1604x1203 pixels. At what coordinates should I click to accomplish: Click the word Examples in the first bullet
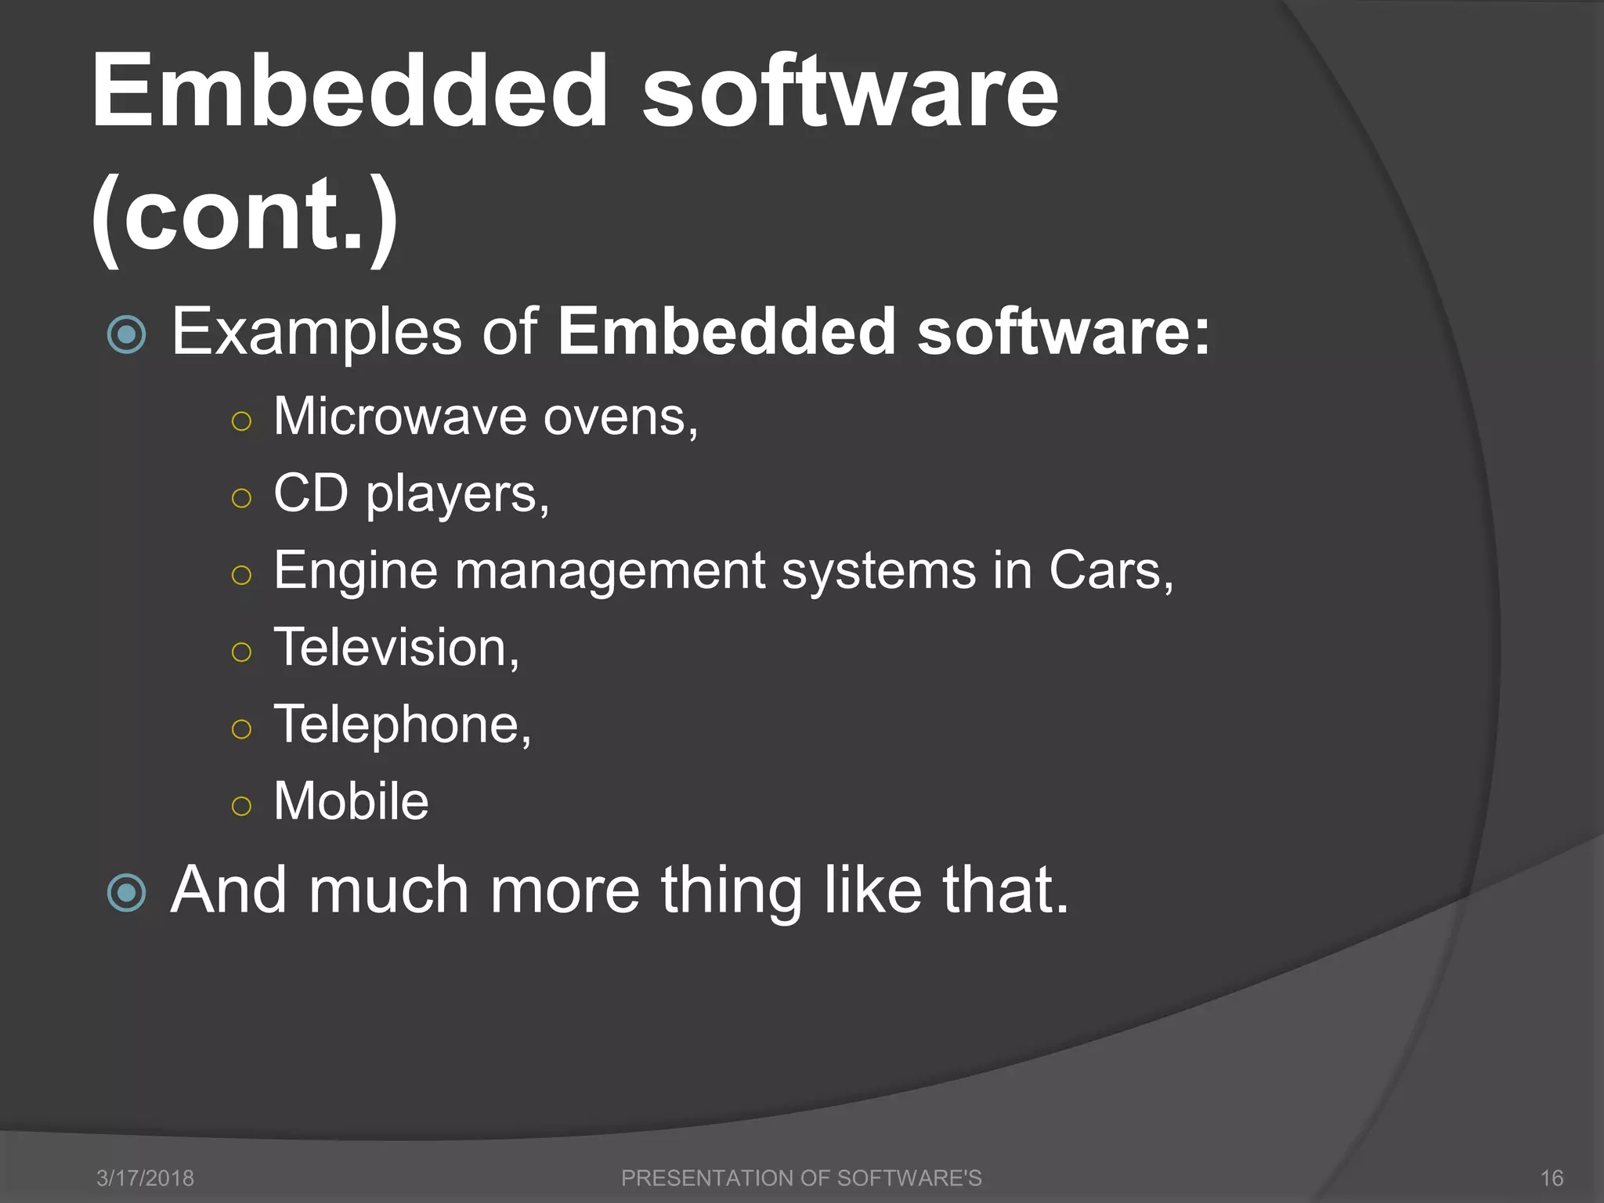click(x=316, y=332)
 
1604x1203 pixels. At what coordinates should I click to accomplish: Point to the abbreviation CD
click(x=311, y=493)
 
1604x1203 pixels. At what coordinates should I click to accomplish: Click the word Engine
click(x=356, y=571)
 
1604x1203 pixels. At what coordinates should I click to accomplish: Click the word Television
click(x=395, y=647)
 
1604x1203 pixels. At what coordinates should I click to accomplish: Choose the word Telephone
click(x=401, y=724)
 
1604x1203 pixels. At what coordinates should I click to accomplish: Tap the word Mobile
click(x=351, y=800)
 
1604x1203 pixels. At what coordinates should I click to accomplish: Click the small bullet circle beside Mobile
click(x=242, y=806)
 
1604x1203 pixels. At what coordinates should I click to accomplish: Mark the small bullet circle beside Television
click(x=242, y=652)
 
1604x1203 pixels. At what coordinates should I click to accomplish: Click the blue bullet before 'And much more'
click(x=126, y=893)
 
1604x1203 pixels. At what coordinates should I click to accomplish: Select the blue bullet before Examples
click(x=126, y=335)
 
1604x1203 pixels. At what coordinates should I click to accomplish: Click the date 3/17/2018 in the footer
click(x=145, y=1178)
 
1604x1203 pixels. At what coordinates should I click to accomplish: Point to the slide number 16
click(x=1552, y=1178)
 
